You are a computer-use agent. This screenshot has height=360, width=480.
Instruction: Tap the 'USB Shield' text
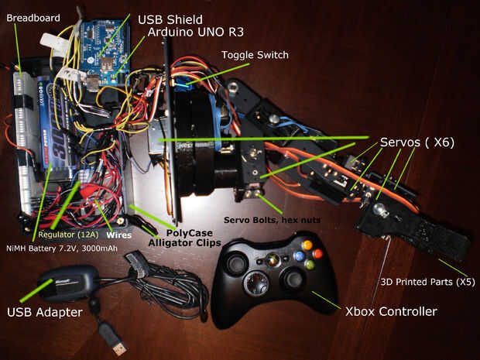tap(170, 19)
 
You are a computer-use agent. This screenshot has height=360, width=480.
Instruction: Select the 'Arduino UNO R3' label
tap(192, 33)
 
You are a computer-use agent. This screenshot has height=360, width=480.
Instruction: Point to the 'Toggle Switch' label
tap(255, 55)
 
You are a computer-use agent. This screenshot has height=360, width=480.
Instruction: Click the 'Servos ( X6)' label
tap(417, 142)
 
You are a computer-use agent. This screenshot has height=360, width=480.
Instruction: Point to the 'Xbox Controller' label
tap(391, 311)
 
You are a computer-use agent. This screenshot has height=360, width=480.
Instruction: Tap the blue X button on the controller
tap(298, 255)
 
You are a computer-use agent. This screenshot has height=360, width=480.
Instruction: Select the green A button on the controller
tap(309, 264)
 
